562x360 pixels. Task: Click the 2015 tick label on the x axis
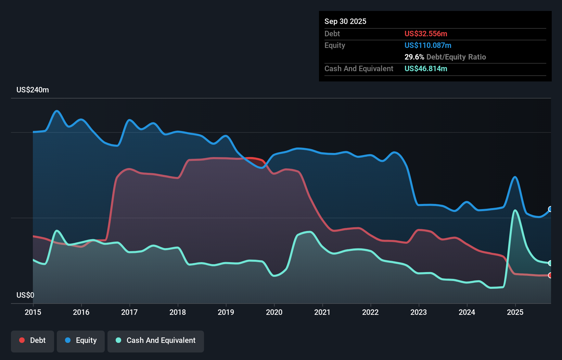[33, 312]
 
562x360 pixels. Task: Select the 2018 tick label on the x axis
[178, 312]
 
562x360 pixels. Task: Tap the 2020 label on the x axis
[274, 312]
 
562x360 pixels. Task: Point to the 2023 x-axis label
[419, 312]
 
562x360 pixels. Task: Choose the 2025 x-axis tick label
[515, 312]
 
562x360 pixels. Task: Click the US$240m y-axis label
[33, 90]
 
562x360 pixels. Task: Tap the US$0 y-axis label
[25, 295]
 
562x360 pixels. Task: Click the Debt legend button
[33, 340]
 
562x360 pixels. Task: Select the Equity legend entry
[81, 340]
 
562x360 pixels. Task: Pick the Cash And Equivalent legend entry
[156, 340]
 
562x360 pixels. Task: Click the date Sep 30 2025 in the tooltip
[345, 21]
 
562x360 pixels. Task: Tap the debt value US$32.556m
[426, 34]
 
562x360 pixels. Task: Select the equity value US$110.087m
[428, 45]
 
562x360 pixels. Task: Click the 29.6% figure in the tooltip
[414, 57]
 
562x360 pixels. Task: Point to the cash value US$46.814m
[426, 68]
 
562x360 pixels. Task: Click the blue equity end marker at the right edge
[550, 209]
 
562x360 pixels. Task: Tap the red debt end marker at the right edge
[550, 275]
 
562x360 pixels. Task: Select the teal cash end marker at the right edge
[550, 263]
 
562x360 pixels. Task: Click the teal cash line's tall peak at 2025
[515, 210]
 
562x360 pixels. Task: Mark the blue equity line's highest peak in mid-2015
[57, 111]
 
